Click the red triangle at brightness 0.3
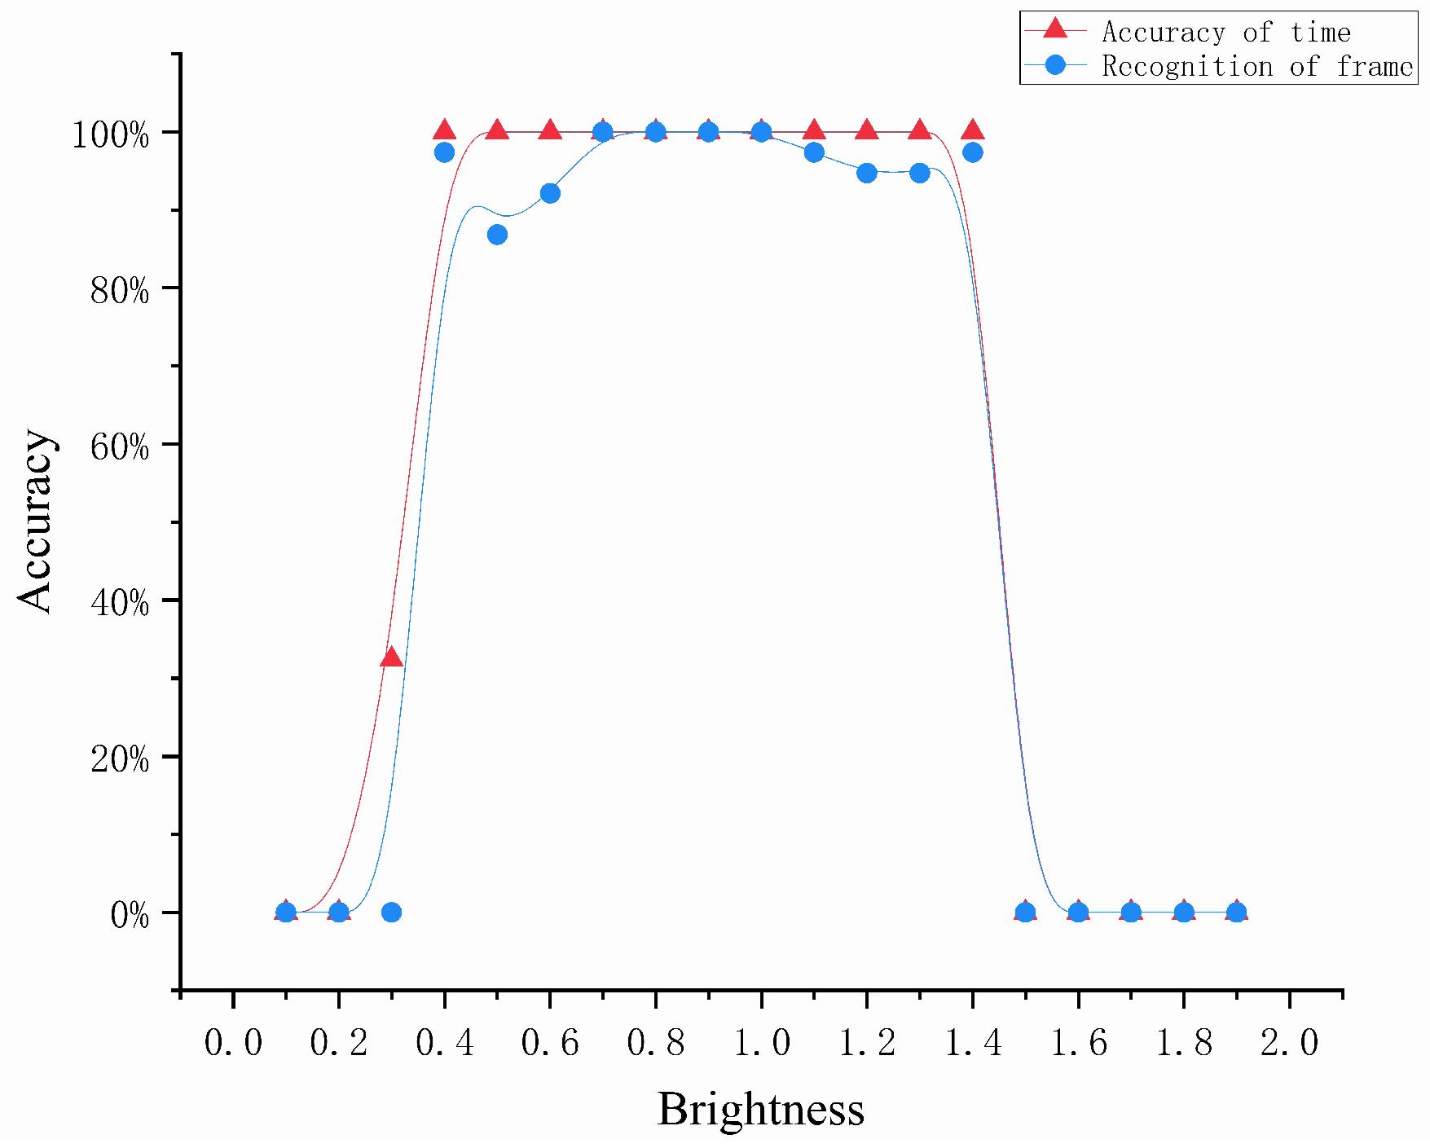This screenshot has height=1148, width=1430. pos(391,657)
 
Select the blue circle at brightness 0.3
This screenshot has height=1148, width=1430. pos(391,912)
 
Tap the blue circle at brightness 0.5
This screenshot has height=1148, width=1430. pos(497,235)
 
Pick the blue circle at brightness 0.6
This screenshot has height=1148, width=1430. pos(550,193)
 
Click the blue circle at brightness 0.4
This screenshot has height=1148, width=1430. pos(444,152)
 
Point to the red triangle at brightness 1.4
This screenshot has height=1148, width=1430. pos(972,130)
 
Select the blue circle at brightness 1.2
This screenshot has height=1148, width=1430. pos(867,173)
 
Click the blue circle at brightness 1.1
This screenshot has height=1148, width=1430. pos(814,152)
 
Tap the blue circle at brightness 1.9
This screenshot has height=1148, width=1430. pos(1237,912)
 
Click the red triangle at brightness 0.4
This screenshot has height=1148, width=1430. pos(444,130)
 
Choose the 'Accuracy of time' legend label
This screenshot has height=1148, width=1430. pos(1225,32)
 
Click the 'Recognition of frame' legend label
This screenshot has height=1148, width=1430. pos(1256,66)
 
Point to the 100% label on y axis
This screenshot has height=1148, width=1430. pos(111,134)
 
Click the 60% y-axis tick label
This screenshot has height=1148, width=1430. pos(120,446)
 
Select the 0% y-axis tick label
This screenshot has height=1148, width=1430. pos(130,915)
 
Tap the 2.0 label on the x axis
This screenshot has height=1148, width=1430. pos(1289,1042)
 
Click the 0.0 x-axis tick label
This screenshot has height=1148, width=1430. pos(233,1042)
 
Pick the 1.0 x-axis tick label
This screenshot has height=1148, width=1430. pos(761,1042)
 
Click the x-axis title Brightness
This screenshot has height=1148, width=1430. pos(760,1109)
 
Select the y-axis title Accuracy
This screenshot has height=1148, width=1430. pos(35,521)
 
